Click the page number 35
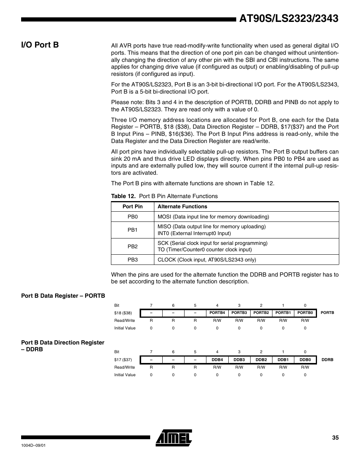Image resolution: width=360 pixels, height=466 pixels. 335,438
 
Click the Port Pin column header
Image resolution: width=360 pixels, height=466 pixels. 132,206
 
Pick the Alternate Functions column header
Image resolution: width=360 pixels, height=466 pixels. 182,206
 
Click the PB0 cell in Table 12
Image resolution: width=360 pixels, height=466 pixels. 132,217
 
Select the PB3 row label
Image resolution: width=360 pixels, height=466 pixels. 132,260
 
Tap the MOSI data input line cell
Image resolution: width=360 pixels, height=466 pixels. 213,217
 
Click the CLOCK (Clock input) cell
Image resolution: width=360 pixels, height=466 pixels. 207,260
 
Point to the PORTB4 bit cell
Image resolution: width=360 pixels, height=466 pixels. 217,313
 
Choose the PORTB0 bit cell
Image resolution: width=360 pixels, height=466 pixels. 305,313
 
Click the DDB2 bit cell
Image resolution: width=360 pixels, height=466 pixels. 261,360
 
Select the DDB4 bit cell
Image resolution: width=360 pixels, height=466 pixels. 217,360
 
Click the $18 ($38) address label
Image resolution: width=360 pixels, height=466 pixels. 123,313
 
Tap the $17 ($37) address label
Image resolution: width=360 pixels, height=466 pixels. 123,360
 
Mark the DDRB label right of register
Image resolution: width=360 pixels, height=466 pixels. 327,360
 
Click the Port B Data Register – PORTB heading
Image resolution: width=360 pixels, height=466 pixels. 63,295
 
